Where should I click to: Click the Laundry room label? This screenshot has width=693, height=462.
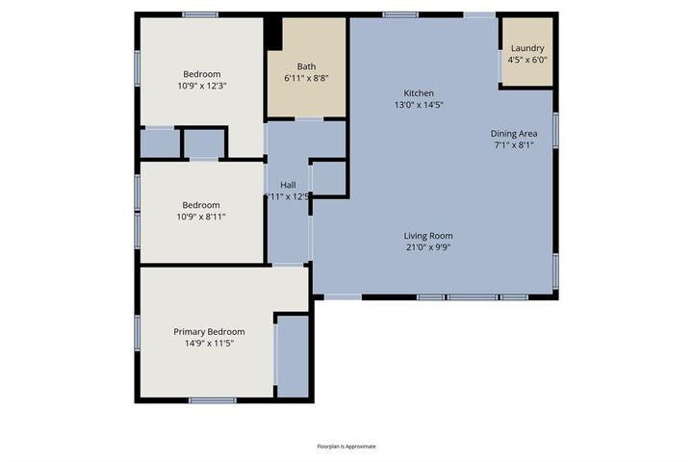(526, 48)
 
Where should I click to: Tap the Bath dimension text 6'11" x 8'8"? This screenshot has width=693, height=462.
(306, 78)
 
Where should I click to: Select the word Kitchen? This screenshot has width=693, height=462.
(418, 92)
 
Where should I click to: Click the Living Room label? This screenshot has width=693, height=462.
(427, 236)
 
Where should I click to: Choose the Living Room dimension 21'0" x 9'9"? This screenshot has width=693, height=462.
(427, 247)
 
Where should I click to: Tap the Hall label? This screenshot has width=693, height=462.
(288, 185)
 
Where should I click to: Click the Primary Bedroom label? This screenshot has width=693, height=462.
(209, 332)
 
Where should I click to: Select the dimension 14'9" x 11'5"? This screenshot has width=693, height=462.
(209, 344)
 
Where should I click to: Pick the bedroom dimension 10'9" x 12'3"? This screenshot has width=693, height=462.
(202, 86)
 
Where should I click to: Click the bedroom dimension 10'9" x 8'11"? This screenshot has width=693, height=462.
(202, 217)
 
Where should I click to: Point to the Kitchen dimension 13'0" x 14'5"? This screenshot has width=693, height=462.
(418, 104)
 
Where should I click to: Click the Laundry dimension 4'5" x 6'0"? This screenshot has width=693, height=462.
(526, 60)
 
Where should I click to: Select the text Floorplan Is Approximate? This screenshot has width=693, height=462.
(346, 447)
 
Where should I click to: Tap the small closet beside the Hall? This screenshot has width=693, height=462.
(328, 179)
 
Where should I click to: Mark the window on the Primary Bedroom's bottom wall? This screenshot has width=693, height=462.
(213, 400)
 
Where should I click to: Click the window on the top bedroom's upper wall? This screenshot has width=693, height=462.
(199, 14)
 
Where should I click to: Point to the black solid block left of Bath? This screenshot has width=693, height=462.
(273, 33)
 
